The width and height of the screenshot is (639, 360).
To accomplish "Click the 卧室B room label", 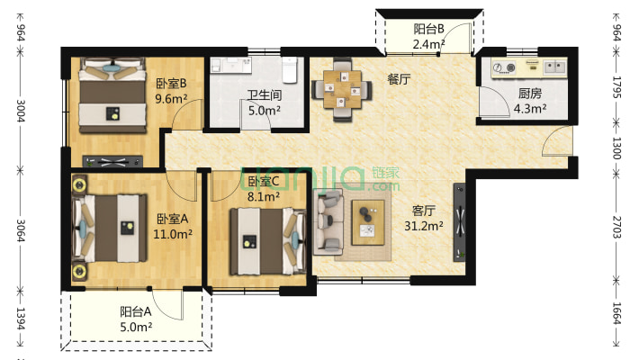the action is pos(171,83).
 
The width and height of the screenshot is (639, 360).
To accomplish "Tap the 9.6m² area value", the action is pos(171,99).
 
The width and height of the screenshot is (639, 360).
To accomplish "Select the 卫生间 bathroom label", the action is pos(265,95).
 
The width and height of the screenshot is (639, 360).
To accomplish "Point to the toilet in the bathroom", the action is pos(290,69).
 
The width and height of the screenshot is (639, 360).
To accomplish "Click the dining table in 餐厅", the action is pos(342,89).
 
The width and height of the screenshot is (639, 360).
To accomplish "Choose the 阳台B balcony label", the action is pos(428,29).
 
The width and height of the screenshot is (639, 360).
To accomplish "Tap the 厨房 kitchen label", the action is pos(530,94).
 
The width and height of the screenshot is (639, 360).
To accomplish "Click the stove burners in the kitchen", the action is pos(504,67).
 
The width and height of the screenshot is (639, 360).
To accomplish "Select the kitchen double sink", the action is pos(555,67).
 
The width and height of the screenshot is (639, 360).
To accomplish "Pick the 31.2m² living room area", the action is pos(424,226).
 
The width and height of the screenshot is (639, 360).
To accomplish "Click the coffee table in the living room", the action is pos(368,222).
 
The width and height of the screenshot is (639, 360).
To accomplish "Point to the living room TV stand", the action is pos(460,222).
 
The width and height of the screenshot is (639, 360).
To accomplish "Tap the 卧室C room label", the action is pos(264,182).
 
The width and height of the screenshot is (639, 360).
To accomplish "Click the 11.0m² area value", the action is pos(173,234).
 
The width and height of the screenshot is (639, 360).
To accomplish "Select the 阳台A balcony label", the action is pos(136,312).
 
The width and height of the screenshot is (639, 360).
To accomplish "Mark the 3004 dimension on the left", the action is pos(21,111).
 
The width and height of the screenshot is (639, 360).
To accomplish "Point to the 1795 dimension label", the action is pos(617,87).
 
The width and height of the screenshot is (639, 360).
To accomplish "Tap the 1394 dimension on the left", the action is pos(21,319).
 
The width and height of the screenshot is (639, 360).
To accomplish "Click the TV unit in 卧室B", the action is pos(112,161).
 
